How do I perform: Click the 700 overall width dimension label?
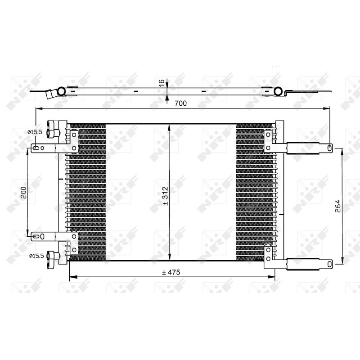[180, 103]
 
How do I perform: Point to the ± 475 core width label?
[172, 273]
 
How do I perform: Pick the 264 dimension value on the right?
[337, 205]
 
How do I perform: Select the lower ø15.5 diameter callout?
[36, 256]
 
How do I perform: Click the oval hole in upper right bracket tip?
[330, 147]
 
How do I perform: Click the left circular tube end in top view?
[61, 91]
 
